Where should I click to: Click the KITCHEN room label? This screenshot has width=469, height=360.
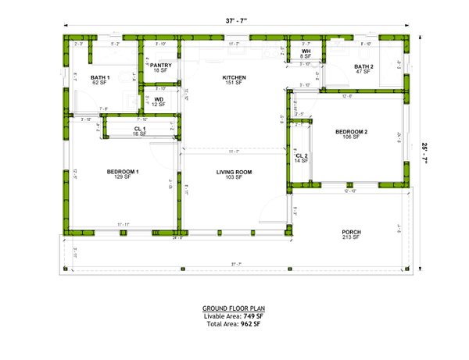[x=234, y=77]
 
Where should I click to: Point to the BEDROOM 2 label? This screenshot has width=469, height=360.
[x=351, y=132]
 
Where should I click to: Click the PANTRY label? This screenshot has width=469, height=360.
[x=161, y=66]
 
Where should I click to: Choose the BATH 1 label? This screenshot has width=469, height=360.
[x=100, y=77]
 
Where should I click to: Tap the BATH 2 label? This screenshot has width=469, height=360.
[x=363, y=67]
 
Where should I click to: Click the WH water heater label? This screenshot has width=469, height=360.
[x=306, y=52]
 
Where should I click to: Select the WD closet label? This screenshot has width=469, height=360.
[x=159, y=99]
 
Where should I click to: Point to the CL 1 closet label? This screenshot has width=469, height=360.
[x=140, y=129]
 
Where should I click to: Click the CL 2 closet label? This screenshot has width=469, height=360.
[x=302, y=156]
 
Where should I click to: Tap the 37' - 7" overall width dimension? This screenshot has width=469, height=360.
[x=234, y=21]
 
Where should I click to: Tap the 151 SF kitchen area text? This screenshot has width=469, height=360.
[x=234, y=83]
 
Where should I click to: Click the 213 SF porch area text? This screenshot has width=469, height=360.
[x=351, y=238]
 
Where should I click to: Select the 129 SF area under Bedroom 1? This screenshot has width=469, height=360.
[x=123, y=177]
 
